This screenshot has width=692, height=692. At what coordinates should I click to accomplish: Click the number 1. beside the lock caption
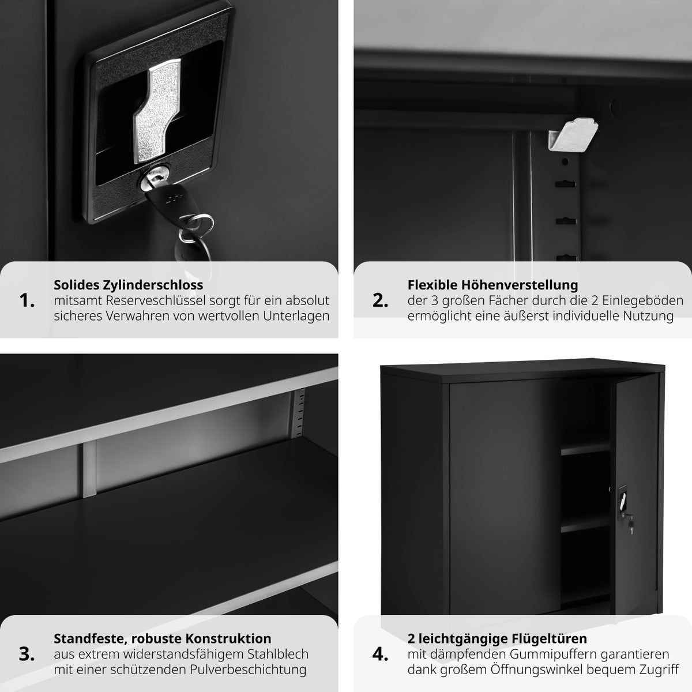27,300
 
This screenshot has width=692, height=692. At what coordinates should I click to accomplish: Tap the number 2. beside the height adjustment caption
380,300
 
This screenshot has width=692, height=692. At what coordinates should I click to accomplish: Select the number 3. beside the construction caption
27,655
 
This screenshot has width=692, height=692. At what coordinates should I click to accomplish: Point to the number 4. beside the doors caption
380,655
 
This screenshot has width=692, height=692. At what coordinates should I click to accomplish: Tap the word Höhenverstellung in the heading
520,285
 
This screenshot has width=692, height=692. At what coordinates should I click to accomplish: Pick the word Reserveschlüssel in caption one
155,300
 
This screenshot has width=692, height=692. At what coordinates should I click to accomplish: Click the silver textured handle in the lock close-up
157,111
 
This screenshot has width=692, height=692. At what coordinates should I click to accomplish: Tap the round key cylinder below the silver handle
154,178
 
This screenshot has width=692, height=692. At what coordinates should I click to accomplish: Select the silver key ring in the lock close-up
196,228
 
